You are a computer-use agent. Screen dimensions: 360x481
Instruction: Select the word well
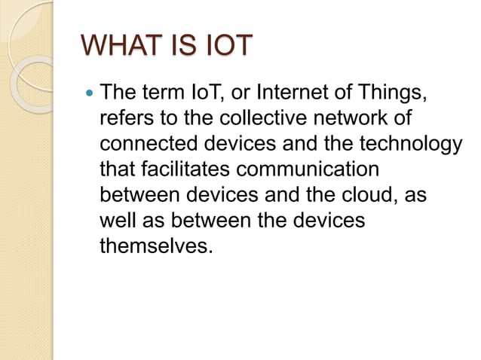[116, 219]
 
